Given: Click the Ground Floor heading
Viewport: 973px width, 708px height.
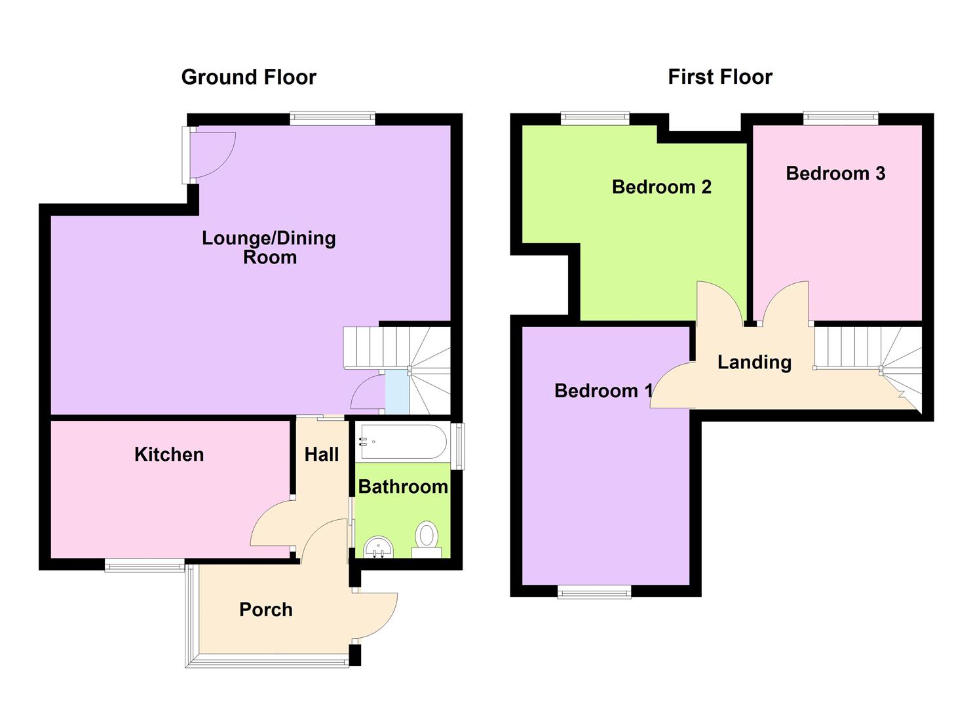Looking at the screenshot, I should [248, 77].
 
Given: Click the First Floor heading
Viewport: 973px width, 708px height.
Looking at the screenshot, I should [719, 77].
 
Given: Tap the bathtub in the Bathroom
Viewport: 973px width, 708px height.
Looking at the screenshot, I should [402, 442].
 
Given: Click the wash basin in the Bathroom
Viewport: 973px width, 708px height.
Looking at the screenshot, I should [378, 547].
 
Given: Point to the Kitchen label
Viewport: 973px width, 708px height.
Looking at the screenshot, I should [168, 454].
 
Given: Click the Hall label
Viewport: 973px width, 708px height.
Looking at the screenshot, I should [321, 454].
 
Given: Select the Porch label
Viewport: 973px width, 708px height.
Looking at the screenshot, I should [265, 610].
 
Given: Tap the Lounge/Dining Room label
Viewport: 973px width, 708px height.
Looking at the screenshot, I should [269, 247].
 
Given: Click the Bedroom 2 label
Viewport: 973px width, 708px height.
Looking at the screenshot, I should [661, 187].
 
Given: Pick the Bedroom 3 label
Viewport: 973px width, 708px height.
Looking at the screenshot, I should [835, 173].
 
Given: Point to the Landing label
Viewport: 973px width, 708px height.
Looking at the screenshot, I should [754, 362].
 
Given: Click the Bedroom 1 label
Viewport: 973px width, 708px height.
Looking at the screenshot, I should [603, 391].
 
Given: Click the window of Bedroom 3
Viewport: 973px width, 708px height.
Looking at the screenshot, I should [841, 118].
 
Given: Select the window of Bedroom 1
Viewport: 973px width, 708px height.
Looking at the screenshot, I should [594, 593].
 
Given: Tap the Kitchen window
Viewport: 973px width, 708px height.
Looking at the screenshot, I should [145, 565].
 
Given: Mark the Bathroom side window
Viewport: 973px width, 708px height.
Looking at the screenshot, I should [460, 446].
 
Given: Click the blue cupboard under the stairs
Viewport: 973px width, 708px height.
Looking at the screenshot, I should [396, 392].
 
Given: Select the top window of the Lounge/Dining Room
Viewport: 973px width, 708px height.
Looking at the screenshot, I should [332, 119].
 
